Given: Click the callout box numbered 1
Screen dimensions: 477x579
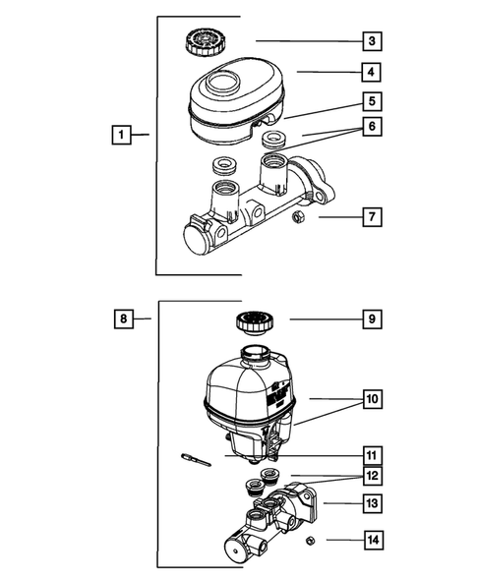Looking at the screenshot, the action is point(121,135).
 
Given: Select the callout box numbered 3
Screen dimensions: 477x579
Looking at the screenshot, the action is point(372,40).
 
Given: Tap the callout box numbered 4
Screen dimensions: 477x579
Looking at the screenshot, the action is point(371,72).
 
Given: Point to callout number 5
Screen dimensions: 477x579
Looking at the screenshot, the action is point(372,101).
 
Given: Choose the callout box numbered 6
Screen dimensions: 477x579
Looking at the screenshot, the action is point(372,126).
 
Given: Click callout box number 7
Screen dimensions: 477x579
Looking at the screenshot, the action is point(372,216).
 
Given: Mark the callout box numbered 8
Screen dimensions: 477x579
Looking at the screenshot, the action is point(123,318).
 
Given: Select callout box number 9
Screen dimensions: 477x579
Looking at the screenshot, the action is point(372,318).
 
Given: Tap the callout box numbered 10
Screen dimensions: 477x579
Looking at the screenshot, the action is point(373,399).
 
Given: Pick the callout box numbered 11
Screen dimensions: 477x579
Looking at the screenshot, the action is point(372,456).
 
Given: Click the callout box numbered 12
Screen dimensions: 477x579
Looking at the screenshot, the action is point(373,476).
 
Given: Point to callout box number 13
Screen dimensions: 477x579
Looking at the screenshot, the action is point(372,503).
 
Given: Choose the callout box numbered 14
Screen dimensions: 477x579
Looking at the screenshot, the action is point(373,541).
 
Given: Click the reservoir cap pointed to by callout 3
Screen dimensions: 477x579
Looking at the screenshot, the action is point(202,41).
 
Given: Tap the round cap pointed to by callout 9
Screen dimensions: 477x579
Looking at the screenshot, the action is point(255,323).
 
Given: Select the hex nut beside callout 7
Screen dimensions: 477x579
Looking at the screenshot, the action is point(297,216).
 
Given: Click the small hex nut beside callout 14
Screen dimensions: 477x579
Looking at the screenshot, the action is point(311,541).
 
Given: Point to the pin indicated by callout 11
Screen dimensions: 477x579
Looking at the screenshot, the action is point(196,460).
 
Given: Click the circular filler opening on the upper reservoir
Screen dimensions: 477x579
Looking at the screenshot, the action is point(222,83).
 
